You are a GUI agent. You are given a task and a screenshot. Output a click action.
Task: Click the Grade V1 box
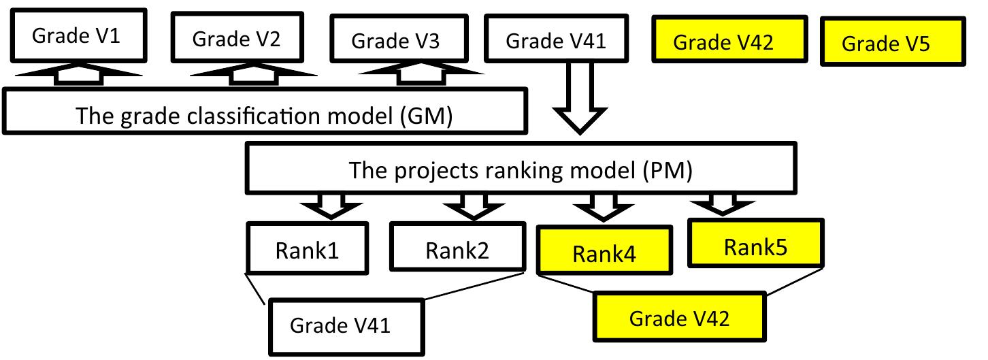tap(76, 35)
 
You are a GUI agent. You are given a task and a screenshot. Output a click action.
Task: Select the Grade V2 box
tap(236, 39)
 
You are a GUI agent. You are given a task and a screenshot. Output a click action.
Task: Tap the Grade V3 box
tap(395, 40)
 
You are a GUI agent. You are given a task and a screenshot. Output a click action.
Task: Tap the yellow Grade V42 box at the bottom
tap(680, 317)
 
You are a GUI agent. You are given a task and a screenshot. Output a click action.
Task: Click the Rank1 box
tap(308, 250)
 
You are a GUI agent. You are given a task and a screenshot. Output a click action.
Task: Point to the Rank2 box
tap(457, 250)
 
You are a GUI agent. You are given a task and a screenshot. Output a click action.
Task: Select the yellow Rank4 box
tap(604, 253)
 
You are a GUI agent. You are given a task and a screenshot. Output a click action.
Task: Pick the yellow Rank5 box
tap(755, 246)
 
